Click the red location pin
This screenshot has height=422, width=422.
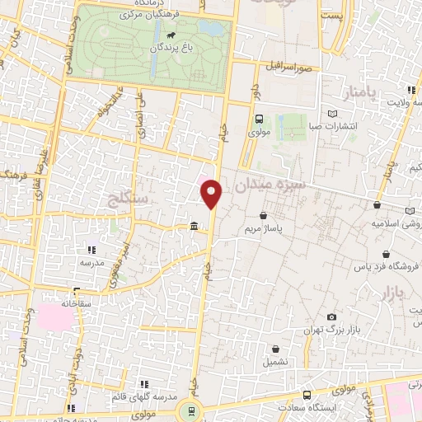[x=212, y=194]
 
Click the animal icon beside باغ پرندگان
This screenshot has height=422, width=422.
[x=170, y=35]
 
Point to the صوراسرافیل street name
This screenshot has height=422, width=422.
[x=287, y=64]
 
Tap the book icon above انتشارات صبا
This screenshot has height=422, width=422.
[x=333, y=113]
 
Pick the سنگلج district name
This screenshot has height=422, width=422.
[x=128, y=198]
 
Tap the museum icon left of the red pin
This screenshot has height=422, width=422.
[x=193, y=227]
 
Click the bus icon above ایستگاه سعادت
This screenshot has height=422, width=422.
[x=307, y=395]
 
